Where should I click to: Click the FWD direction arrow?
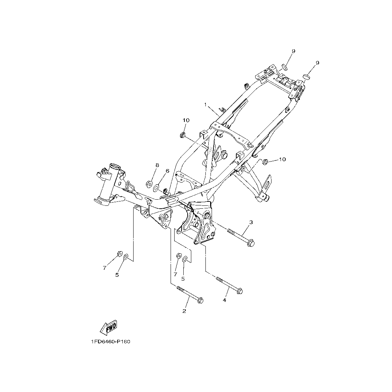tap(109, 328)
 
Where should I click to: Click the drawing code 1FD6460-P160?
tap(111, 342)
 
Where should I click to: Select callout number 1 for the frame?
tap(205, 105)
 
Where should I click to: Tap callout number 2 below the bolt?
tap(184, 311)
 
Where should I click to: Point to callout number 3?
tap(251, 222)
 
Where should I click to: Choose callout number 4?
tap(224, 300)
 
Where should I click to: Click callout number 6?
tap(167, 171)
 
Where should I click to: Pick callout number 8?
tap(157, 165)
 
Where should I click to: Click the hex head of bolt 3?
tap(250, 243)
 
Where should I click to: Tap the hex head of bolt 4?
tap(240, 291)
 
